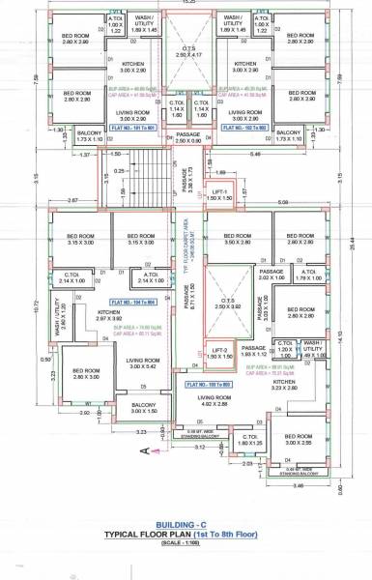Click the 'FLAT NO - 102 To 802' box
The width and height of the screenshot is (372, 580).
click(x=243, y=125)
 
